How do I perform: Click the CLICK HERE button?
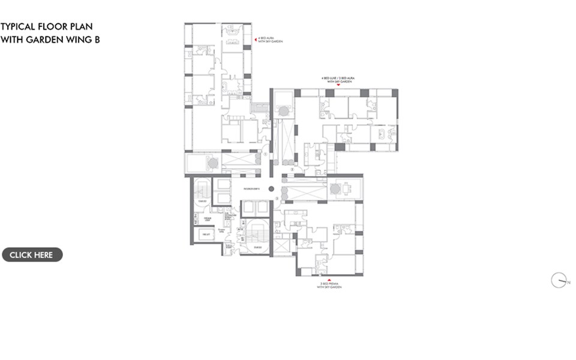[32, 255]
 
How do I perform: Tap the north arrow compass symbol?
[559, 280]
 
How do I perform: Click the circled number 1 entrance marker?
[265, 154]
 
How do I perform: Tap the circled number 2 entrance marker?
[292, 170]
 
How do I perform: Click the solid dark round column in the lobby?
[271, 188]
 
